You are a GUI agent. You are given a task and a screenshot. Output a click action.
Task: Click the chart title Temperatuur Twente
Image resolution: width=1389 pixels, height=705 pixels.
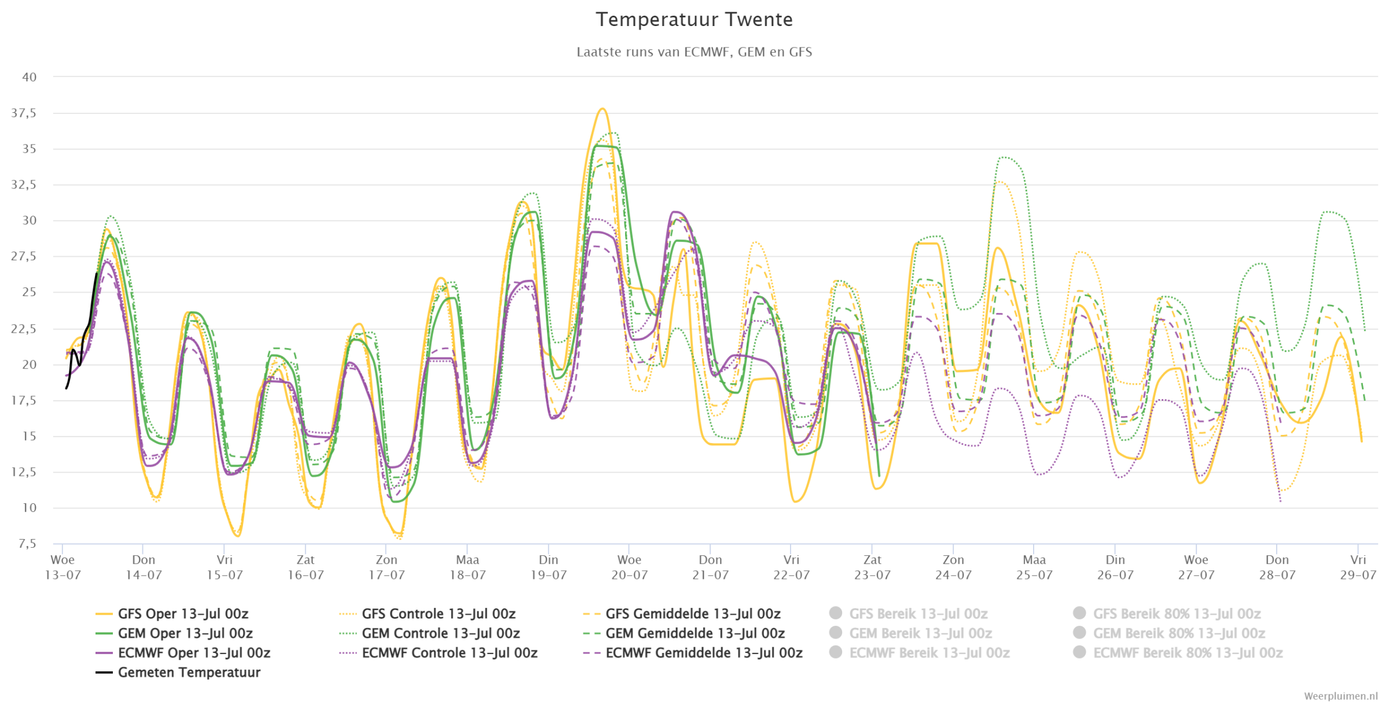tap(694, 20)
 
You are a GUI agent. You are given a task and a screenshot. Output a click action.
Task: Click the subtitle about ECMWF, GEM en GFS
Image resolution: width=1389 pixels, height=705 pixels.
tap(694, 52)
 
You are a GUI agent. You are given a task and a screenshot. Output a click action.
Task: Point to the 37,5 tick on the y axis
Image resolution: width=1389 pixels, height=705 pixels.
tap(24, 113)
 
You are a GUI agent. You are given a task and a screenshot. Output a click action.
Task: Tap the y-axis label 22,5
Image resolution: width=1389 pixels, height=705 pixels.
tap(24, 328)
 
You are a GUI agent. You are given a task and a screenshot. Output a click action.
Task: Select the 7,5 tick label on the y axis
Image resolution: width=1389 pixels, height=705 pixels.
tap(27, 544)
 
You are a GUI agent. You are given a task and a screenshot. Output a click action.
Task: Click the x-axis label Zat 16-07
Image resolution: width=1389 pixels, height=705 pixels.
tap(306, 567)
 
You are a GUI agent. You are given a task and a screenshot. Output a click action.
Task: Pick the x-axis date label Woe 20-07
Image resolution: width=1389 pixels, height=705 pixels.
tap(629, 567)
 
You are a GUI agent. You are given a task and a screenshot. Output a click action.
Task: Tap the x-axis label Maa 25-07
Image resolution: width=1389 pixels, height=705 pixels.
tap(1034, 567)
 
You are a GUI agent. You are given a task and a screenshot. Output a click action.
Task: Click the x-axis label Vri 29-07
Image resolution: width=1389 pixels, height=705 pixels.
tap(1358, 567)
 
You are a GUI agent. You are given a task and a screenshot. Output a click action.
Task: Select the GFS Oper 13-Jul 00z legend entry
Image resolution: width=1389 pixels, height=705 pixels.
tap(172, 614)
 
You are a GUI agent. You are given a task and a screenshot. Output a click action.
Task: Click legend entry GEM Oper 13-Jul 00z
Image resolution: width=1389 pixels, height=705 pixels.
tap(174, 633)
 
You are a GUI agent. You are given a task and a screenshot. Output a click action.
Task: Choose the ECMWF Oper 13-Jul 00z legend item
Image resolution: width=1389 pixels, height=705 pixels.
tap(183, 653)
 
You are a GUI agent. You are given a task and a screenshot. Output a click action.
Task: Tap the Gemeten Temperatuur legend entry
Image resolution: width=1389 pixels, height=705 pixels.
tap(178, 673)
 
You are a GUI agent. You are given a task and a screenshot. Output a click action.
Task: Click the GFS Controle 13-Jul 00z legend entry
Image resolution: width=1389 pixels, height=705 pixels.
tap(427, 614)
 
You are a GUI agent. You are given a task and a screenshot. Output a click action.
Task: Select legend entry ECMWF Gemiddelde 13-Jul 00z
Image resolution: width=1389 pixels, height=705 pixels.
tap(693, 653)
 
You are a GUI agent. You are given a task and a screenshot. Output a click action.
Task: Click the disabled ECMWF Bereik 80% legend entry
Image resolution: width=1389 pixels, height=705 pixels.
tap(1178, 653)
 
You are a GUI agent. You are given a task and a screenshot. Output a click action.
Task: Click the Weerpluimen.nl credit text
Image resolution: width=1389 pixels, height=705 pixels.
tap(1340, 696)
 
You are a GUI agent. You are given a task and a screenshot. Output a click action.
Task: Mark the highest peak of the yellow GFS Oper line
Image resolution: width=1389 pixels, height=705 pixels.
tap(602, 109)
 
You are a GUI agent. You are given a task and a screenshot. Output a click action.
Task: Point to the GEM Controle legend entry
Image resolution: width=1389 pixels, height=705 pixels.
tap(429, 633)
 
